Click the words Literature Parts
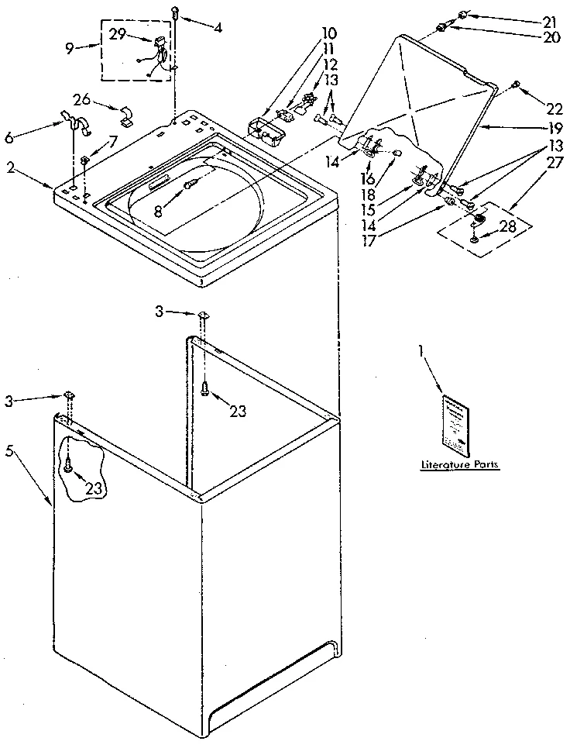pos(459,465)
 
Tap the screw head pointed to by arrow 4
pos(177,12)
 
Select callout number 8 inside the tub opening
pos(158,210)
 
